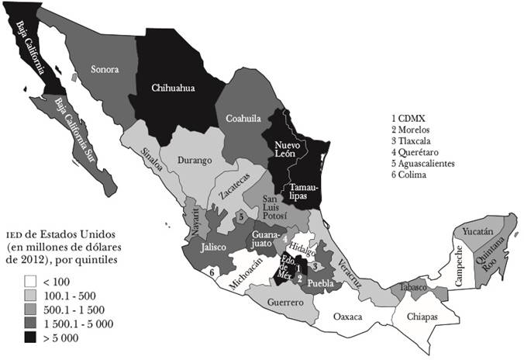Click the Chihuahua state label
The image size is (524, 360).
[172, 88]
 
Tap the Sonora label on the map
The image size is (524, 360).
[105, 70]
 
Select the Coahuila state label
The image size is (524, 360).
[243, 119]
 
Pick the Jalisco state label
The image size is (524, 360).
[212, 247]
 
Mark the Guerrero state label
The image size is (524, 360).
[284, 302]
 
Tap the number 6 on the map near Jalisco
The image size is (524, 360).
[211, 272]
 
